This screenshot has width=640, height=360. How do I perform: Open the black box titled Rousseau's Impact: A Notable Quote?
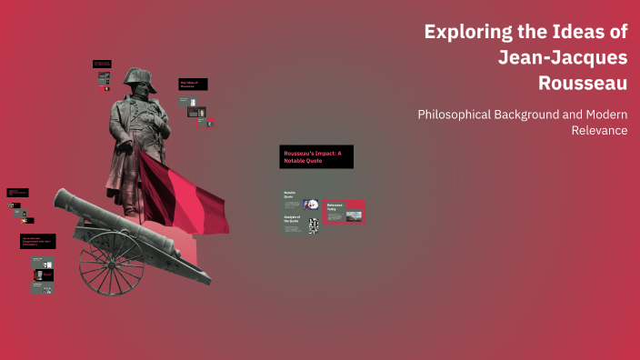coord(315,156)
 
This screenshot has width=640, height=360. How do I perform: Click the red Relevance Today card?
coord(344,211)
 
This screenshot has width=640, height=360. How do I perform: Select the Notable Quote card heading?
coord(290,195)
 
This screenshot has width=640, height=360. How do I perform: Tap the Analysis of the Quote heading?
coord(291,218)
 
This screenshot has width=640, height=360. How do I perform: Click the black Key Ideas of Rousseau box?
coord(194,84)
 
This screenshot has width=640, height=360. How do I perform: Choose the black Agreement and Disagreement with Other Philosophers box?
coord(38,242)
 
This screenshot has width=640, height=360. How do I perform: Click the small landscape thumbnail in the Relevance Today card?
coord(354,215)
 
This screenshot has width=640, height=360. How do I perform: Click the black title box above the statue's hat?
coord(102,65)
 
